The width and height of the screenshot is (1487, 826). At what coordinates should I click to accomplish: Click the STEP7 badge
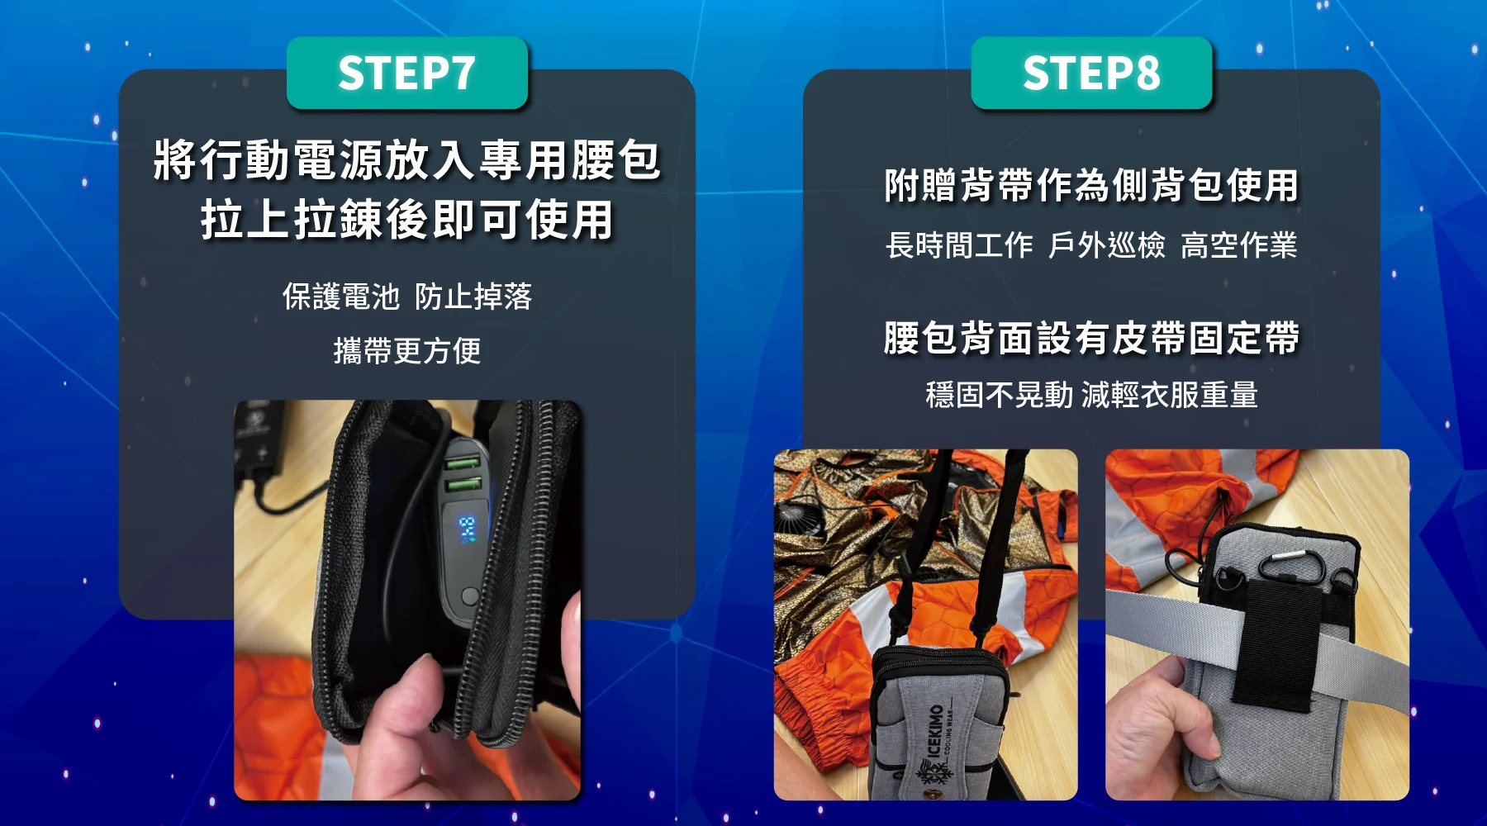pos(406,73)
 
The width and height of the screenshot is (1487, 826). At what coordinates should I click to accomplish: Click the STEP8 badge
pos(1091,73)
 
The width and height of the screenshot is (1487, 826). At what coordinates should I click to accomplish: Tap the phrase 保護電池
pos(341,296)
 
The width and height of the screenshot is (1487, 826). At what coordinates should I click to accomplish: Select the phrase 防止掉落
pos(473,296)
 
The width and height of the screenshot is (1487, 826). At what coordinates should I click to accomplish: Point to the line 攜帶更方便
pos(407,350)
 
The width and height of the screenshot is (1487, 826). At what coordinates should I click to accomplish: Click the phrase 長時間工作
pos(959,244)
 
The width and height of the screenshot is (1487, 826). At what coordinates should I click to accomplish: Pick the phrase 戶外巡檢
pos(1107,244)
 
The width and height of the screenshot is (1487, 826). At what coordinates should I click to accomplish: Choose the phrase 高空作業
pos(1239,244)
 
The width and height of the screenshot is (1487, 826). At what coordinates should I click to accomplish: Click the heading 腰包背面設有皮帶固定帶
pos(1091,338)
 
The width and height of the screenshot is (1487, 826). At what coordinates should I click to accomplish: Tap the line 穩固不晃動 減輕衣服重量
pos(1091,394)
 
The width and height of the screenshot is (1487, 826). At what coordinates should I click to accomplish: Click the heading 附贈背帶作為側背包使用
pos(1091,185)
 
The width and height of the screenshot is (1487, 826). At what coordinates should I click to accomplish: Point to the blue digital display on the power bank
pos(468,529)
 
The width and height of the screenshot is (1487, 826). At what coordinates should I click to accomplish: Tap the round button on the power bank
pos(469,596)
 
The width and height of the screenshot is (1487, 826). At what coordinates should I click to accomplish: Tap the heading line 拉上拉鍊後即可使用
pos(406,220)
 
